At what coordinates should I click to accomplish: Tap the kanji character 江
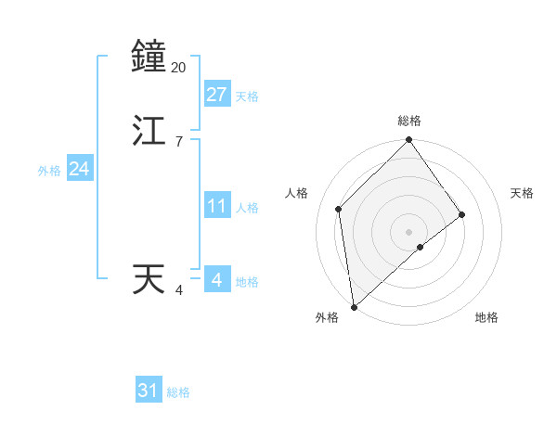pos(149,130)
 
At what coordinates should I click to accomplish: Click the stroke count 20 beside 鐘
pos(179,68)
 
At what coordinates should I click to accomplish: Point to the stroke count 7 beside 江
pos(178,142)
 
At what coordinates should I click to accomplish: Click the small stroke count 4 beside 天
pos(178,290)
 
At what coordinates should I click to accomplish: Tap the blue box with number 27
pos(216,95)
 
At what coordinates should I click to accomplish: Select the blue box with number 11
pos(216,207)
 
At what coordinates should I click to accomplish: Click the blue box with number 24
pos(79,170)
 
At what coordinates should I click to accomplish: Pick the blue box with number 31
pos(149,391)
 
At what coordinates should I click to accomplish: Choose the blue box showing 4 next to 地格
pos(216,280)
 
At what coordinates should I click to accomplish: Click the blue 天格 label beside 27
pos(247,96)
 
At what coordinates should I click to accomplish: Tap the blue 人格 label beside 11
pos(247,208)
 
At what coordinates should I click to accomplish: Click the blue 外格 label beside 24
pos(49,171)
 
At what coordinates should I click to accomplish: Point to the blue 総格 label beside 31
pos(178,392)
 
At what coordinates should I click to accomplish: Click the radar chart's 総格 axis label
pos(409,121)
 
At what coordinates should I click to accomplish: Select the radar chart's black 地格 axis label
pos(486,318)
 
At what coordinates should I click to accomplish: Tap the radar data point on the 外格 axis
pos(353,306)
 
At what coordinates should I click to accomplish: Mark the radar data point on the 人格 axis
pos(339,209)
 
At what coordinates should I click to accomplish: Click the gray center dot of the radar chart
pos(409,231)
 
